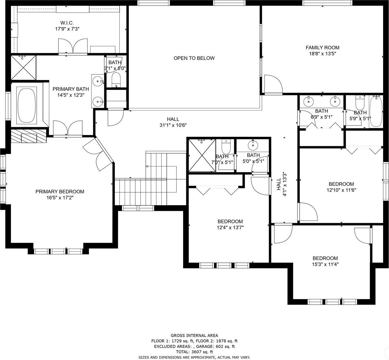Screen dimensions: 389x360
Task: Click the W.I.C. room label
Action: point(67,23)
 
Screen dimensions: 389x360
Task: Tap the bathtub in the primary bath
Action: point(27,105)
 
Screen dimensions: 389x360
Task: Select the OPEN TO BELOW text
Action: point(194,58)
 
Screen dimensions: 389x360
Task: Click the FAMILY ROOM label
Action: point(322,48)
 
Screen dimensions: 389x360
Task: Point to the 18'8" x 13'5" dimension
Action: point(322,54)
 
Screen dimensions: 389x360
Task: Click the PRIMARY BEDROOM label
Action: point(60,191)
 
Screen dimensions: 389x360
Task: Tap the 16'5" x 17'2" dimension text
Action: point(60,198)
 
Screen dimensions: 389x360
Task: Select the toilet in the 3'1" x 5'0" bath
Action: point(116,80)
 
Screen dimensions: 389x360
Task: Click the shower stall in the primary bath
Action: point(23,68)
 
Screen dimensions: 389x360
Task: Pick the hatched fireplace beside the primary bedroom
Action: point(29,136)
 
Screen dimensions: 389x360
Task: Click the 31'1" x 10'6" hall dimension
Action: point(173,125)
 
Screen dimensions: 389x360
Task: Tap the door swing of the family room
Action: point(273,84)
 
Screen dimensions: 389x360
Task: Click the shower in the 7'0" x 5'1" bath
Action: point(202,155)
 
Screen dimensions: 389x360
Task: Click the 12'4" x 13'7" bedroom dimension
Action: point(230,228)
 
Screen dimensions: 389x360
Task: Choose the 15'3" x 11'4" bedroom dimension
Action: point(325,264)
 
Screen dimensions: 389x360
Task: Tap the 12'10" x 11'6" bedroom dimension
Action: point(341,190)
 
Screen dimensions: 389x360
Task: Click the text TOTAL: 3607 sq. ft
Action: point(194,352)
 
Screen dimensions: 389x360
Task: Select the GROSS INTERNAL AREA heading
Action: point(194,336)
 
